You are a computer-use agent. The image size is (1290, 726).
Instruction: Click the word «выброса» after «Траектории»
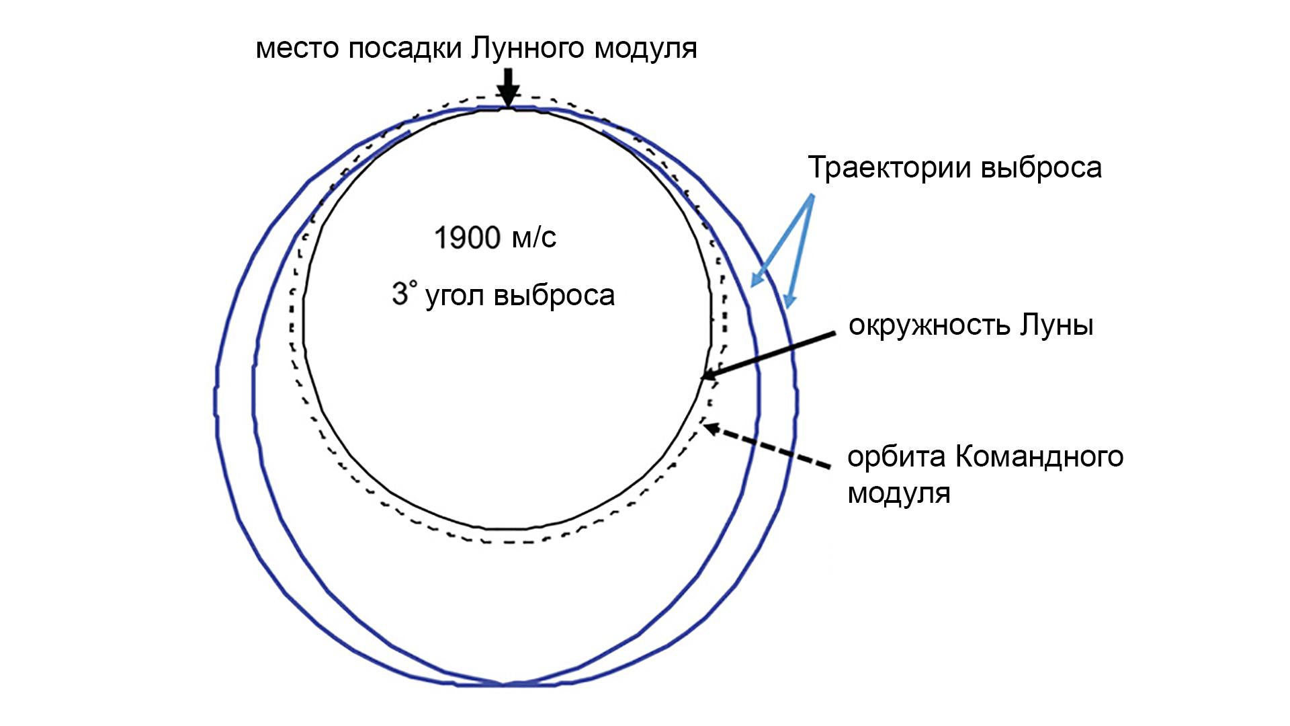(x=1041, y=167)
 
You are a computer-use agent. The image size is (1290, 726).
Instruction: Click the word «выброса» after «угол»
(x=554, y=296)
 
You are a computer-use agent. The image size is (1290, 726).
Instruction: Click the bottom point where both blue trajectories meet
(x=503, y=684)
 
